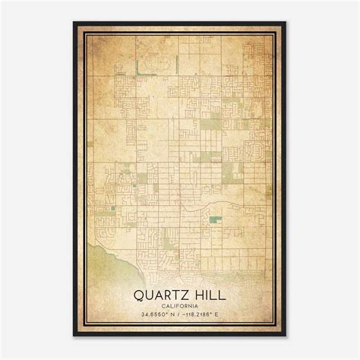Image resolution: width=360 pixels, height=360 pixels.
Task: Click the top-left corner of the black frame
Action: coord(74,23)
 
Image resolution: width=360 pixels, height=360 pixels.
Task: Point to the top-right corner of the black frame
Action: coord(286,23)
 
